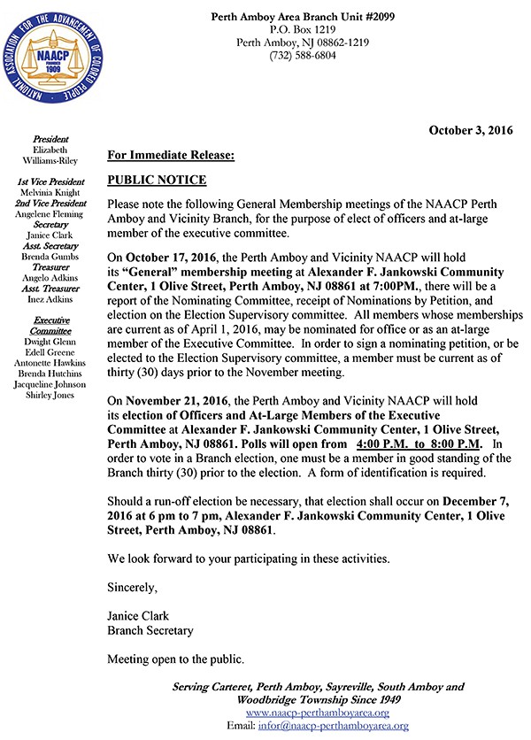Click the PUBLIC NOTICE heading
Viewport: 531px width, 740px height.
pos(157,181)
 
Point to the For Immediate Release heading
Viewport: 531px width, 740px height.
pos(171,156)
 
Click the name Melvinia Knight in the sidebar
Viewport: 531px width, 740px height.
pos(54,192)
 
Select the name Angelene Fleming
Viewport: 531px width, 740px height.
pos(54,213)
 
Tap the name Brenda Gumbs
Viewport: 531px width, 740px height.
pos(54,256)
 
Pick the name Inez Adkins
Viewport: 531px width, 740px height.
pos(54,298)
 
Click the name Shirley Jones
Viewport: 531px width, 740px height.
pos(54,396)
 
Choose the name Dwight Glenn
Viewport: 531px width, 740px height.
pos(54,343)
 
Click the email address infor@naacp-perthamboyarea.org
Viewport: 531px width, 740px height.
pos(338,726)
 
